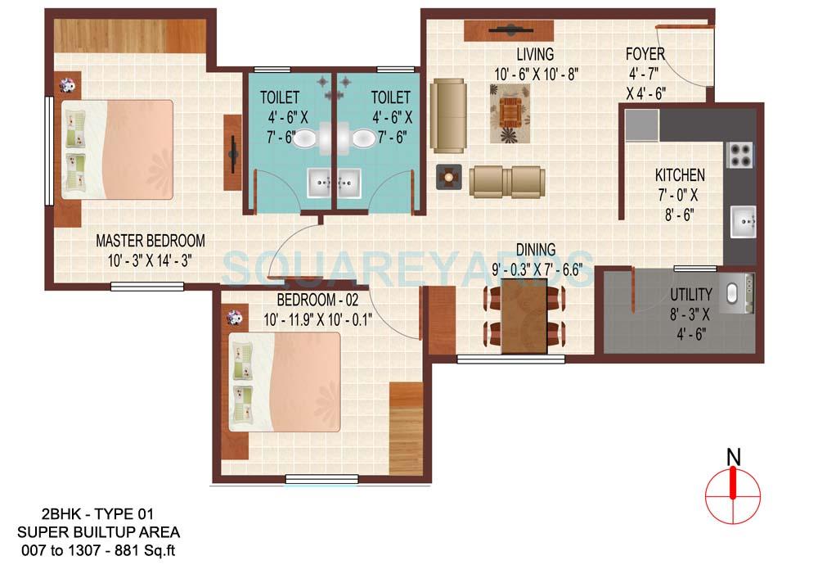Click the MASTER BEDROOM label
click(151, 241)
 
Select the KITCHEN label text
click(680, 175)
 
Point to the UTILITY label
click(691, 294)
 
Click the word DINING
click(536, 250)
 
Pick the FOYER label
click(645, 55)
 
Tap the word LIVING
click(535, 55)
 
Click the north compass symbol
click(733, 489)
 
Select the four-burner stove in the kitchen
click(739, 155)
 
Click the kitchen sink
click(743, 221)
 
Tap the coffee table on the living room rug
click(511, 111)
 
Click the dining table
click(524, 316)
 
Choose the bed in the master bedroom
click(118, 150)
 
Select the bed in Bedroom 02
click(284, 381)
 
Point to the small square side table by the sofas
click(449, 175)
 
